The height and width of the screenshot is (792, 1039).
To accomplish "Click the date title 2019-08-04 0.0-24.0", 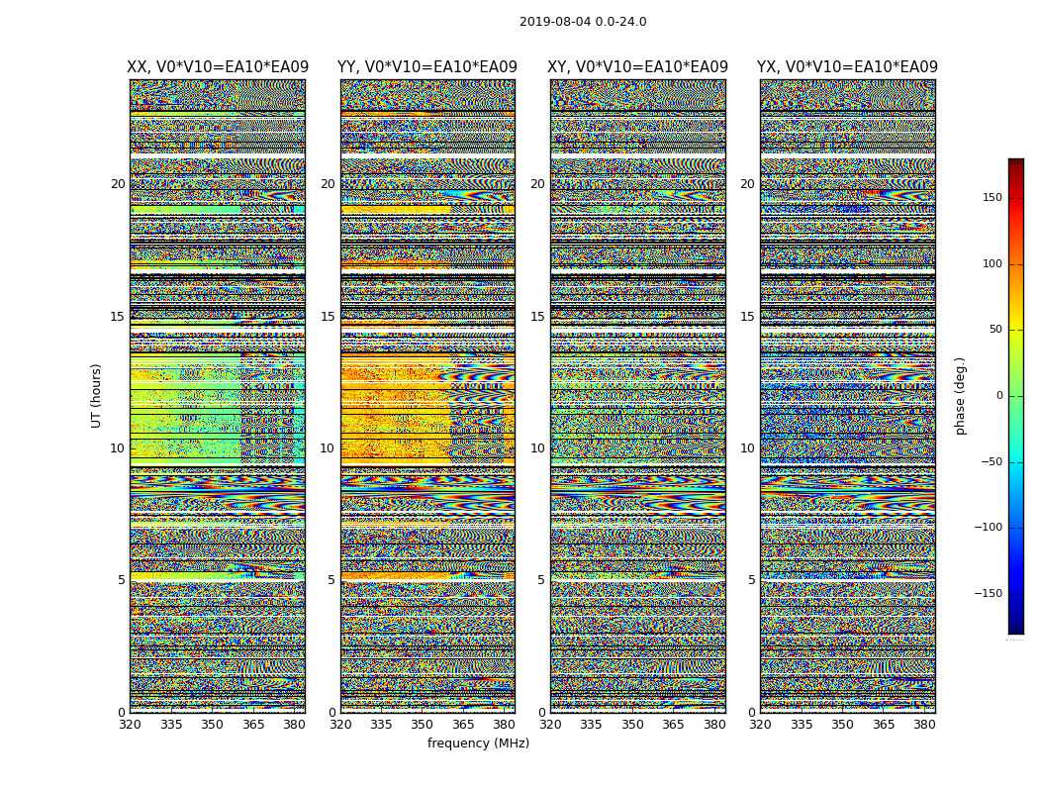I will (583, 22).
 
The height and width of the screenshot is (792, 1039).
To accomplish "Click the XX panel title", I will (218, 67).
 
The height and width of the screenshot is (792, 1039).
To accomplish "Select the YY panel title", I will (427, 67).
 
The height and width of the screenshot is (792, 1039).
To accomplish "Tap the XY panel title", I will (638, 67).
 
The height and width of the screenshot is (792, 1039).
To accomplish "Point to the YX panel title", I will (847, 67).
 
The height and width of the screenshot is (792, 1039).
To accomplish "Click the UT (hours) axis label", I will (97, 395).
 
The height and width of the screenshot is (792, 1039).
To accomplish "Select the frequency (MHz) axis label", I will (478, 743).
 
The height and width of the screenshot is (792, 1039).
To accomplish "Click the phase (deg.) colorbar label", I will (960, 395).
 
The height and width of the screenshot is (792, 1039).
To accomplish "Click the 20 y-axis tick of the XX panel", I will (118, 184).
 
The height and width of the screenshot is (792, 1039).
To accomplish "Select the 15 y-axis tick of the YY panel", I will (328, 317).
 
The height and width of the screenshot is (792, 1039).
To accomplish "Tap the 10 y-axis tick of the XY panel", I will (537, 448).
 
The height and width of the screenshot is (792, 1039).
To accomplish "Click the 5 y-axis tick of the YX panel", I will (751, 580).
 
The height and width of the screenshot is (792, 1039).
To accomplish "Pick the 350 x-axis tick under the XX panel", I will (212, 724).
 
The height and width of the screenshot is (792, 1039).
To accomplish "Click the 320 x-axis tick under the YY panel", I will (340, 724).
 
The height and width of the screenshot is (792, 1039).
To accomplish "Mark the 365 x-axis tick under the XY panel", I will (674, 724).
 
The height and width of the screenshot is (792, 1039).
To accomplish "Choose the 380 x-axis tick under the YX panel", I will (924, 724).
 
